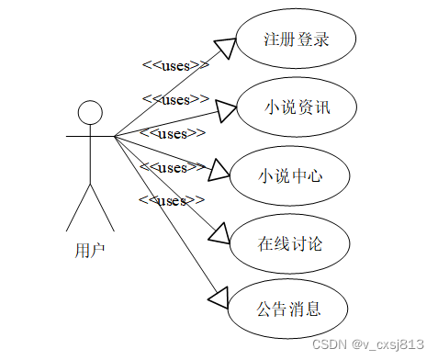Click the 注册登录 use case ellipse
pyautogui.click(x=296, y=40)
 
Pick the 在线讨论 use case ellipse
pyautogui.click(x=290, y=244)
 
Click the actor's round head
pyautogui.click(x=89, y=113)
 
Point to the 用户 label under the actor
pyautogui.click(x=89, y=249)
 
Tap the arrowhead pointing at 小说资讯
pyautogui.click(x=226, y=110)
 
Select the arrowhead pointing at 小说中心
pyautogui.click(x=217, y=170)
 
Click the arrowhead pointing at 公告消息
pyautogui.click(x=217, y=296)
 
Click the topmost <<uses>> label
pyautogui.click(x=174, y=65)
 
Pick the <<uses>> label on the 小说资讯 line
pyautogui.click(x=174, y=99)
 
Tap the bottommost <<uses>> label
pyautogui.click(x=170, y=199)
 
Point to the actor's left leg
pyautogui.click(x=78, y=207)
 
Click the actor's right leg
pyautogui.click(x=102, y=207)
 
